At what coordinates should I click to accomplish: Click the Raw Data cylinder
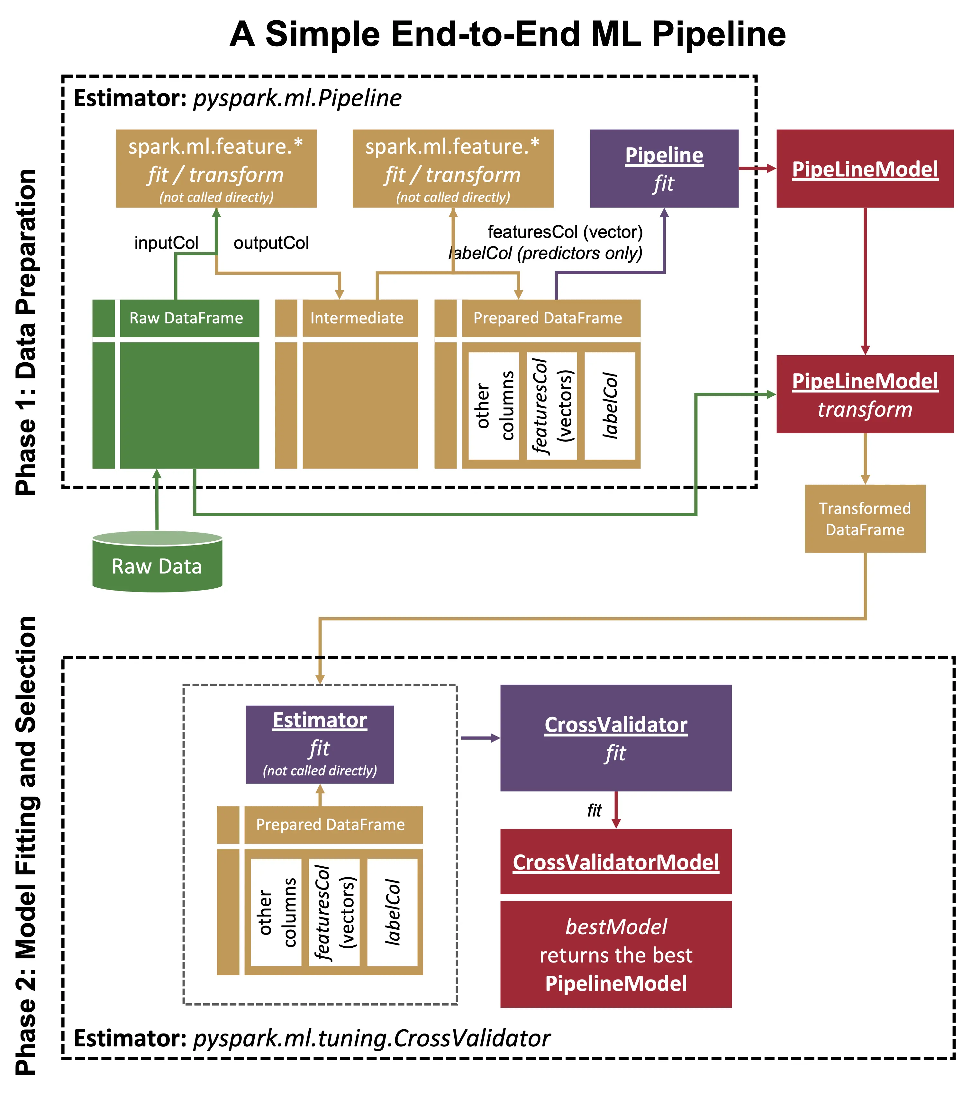[x=157, y=562]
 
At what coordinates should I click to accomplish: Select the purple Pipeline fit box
[x=664, y=168]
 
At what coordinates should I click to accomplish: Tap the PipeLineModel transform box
[x=865, y=394]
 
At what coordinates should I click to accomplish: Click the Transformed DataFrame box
[x=865, y=519]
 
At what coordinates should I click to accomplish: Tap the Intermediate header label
[x=357, y=318]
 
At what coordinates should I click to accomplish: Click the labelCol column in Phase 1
[x=610, y=405]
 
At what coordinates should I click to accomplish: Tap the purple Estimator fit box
[x=320, y=744]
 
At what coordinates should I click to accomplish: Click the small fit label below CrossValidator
[x=594, y=810]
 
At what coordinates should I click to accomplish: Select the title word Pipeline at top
[x=719, y=34]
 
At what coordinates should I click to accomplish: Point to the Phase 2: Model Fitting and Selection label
[x=26, y=845]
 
